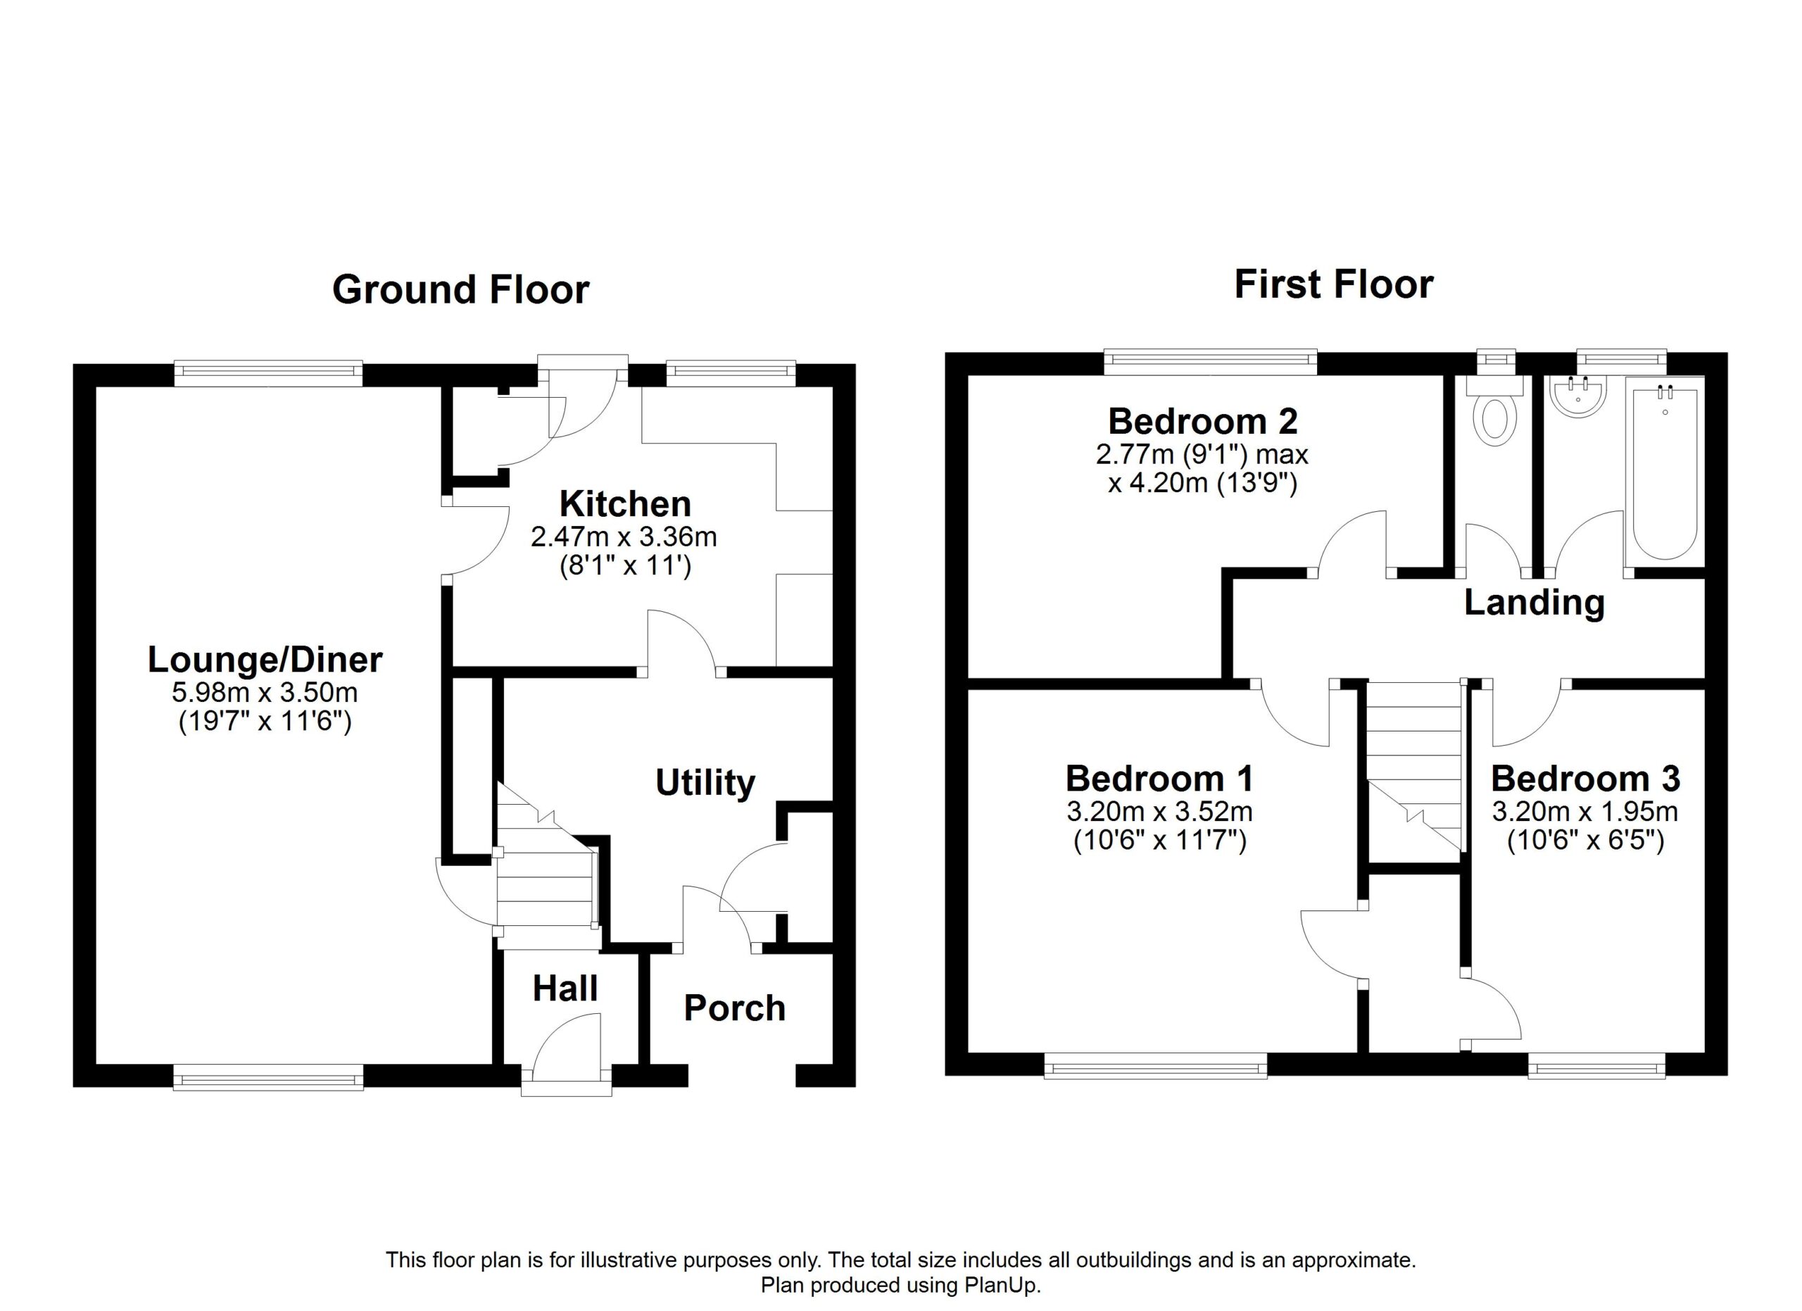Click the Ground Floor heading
click(x=461, y=289)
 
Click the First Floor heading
click(x=1333, y=284)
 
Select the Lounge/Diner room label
click(x=265, y=660)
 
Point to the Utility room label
click(x=705, y=783)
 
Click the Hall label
click(x=565, y=989)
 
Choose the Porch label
click(x=735, y=1008)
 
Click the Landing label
click(x=1535, y=603)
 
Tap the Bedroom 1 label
click(x=1160, y=779)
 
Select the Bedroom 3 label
click(x=1586, y=779)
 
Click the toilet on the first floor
click(x=1494, y=409)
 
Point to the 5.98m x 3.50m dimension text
click(x=265, y=693)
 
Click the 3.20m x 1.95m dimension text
click(x=1585, y=812)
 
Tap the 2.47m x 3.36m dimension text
click(x=624, y=537)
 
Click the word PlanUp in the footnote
click(x=1000, y=1286)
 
